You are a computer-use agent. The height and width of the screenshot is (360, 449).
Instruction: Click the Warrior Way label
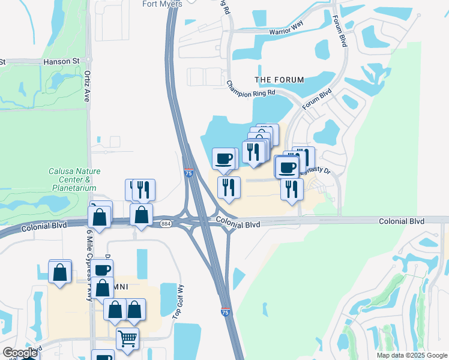[286, 31]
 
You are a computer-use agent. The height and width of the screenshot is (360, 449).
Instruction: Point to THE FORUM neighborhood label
[279, 79]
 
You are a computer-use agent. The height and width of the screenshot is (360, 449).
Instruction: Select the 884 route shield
[166, 224]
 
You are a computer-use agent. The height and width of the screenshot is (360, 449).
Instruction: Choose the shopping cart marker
[127, 338]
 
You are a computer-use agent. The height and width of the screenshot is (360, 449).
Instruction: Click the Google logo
[20, 353]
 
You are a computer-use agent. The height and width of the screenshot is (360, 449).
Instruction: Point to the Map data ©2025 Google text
[411, 355]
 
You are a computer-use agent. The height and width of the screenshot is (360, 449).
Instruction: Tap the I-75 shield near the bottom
[225, 313]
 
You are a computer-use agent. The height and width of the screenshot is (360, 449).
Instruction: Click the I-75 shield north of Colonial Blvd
[188, 173]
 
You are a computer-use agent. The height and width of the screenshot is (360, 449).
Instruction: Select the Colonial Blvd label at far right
[401, 221]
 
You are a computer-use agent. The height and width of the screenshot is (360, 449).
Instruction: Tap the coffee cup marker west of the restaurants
[224, 159]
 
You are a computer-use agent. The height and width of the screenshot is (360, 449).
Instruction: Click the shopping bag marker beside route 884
[141, 215]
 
